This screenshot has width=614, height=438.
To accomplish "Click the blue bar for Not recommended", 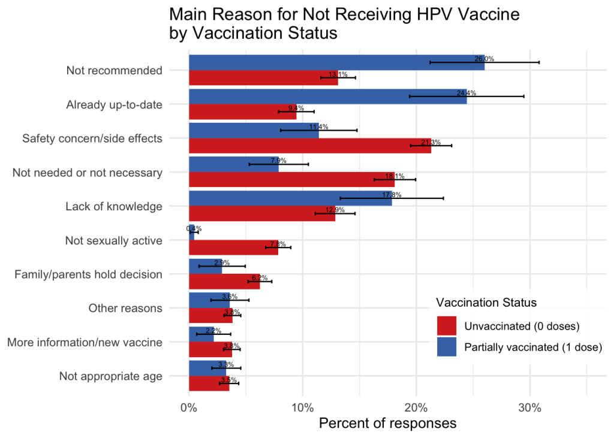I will (x=336, y=63).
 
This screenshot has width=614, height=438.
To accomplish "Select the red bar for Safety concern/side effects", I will (x=309, y=146).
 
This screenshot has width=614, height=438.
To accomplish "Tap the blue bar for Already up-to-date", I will (x=327, y=96).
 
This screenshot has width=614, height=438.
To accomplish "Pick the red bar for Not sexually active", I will (x=233, y=247).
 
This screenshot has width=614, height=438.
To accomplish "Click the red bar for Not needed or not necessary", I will (x=291, y=179).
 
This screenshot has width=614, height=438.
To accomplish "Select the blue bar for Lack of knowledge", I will (x=290, y=198).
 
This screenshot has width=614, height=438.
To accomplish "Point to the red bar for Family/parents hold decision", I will (x=224, y=281).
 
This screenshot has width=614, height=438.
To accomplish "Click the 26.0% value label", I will (x=484, y=59).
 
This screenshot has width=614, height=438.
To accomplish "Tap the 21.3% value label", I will (x=431, y=143).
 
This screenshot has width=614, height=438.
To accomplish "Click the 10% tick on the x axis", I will (x=302, y=408).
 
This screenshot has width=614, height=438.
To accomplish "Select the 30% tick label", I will (x=529, y=408).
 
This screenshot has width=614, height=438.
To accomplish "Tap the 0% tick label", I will (x=189, y=408).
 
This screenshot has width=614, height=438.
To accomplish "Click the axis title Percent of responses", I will (x=387, y=423).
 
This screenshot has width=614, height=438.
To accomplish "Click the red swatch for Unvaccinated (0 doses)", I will (x=447, y=326).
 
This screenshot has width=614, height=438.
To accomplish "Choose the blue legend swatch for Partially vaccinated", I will (x=447, y=347).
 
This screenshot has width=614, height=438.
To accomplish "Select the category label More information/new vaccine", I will (x=85, y=343).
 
